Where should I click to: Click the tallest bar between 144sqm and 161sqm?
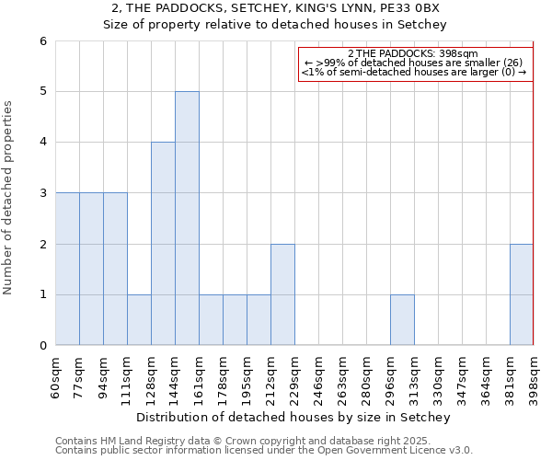[x=187, y=218]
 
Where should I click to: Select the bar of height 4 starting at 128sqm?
[x=163, y=244]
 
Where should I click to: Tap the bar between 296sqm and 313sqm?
[x=402, y=320]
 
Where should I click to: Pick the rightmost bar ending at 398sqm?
[x=522, y=294]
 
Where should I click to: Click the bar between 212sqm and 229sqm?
[x=282, y=294]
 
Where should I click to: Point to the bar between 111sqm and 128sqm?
[x=139, y=320]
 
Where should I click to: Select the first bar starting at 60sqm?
[x=67, y=269]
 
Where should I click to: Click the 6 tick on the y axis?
[x=42, y=40]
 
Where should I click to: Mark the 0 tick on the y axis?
[x=42, y=346]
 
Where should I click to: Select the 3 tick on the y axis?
[x=42, y=193]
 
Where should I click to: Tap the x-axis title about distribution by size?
[x=293, y=418]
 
